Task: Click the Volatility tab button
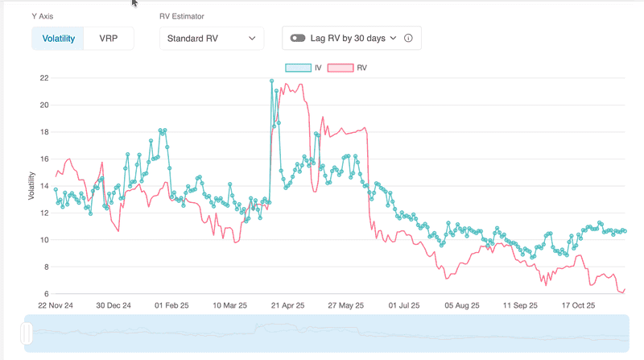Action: tap(58, 39)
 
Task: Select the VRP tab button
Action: tap(108, 39)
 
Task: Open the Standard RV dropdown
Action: tap(211, 38)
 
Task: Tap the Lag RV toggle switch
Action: tap(299, 38)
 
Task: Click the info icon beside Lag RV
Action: tap(408, 38)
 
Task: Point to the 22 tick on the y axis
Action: tap(44, 78)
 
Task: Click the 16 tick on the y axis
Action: tap(44, 159)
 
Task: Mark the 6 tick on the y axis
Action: tap(47, 293)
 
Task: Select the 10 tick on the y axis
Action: tap(44, 240)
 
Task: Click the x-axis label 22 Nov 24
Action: tap(56, 306)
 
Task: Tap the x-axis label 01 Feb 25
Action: tap(171, 306)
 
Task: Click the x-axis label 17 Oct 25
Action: tap(577, 306)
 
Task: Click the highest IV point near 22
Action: tap(271, 81)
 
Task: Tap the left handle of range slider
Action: tap(27, 333)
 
